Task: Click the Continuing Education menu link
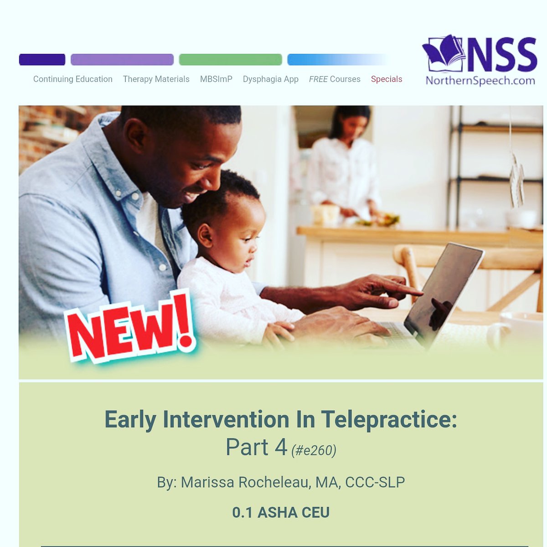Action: [x=72, y=79]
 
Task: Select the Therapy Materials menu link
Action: [x=156, y=79]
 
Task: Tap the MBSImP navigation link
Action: [x=216, y=79]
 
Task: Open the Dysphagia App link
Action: [x=270, y=79]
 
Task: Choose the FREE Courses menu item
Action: [x=335, y=79]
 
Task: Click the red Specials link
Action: [x=387, y=79]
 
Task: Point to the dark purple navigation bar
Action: [x=42, y=60]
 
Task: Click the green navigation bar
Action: [x=230, y=60]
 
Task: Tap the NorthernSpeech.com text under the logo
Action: [x=480, y=81]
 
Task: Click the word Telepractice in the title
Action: [x=389, y=419]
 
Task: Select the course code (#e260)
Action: [x=314, y=450]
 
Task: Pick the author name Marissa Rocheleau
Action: [x=244, y=482]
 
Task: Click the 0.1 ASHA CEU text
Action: [x=280, y=512]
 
